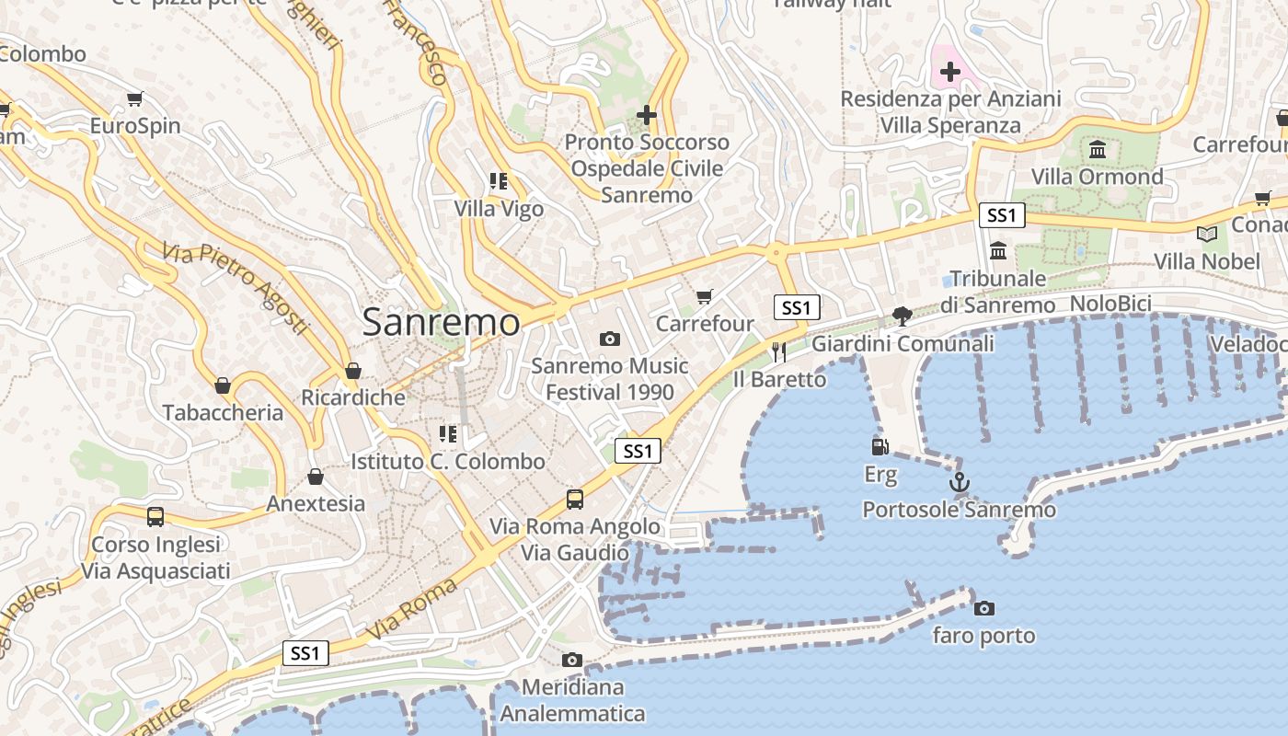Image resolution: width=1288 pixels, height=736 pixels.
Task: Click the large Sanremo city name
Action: pyautogui.click(x=441, y=322)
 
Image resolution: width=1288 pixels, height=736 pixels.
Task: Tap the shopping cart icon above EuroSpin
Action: pyautogui.click(x=135, y=98)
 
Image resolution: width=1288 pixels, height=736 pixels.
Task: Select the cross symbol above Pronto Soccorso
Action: pyautogui.click(x=647, y=115)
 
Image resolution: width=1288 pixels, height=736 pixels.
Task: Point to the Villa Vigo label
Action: pyautogui.click(x=499, y=209)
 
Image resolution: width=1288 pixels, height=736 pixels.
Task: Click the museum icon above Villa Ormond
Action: pyautogui.click(x=1098, y=150)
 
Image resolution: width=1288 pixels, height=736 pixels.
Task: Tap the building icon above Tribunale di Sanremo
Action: pyautogui.click(x=998, y=250)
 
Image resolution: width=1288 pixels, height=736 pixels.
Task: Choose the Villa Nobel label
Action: pyautogui.click(x=1207, y=261)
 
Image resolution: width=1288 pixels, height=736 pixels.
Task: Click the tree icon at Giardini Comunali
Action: pyautogui.click(x=903, y=316)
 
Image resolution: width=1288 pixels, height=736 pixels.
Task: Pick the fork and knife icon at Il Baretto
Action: pyautogui.click(x=779, y=351)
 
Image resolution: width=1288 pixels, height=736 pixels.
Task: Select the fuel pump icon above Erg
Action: pyautogui.click(x=880, y=447)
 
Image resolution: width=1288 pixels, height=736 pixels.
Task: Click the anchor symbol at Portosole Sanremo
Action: pyautogui.click(x=959, y=481)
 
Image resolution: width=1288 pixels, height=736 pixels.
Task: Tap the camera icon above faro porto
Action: pyautogui.click(x=984, y=608)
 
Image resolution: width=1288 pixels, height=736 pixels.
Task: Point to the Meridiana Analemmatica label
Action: pyautogui.click(x=572, y=700)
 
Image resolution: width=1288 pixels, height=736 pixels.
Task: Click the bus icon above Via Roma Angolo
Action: pyautogui.click(x=575, y=500)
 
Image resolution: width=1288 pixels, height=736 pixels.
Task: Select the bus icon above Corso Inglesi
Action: pyautogui.click(x=155, y=517)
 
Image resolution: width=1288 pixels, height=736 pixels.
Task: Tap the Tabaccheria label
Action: pyautogui.click(x=223, y=412)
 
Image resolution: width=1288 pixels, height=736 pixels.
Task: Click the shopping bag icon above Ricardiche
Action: pyautogui.click(x=353, y=372)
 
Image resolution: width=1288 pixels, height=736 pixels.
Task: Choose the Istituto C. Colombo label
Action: pyautogui.click(x=448, y=461)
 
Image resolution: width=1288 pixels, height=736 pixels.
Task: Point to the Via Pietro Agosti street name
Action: pyautogui.click(x=236, y=288)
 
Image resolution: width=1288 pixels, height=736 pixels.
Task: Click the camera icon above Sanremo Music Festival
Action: pyautogui.click(x=609, y=339)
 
